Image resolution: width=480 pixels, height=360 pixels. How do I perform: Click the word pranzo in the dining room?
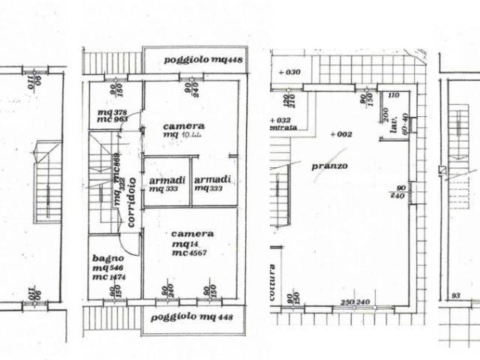(330, 166)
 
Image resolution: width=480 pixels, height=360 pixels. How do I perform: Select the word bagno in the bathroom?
(103, 257)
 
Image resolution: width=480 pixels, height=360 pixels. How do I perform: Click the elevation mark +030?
(288, 72)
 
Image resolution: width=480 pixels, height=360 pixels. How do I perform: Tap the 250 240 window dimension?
(355, 303)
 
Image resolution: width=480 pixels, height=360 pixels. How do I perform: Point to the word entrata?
(285, 128)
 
